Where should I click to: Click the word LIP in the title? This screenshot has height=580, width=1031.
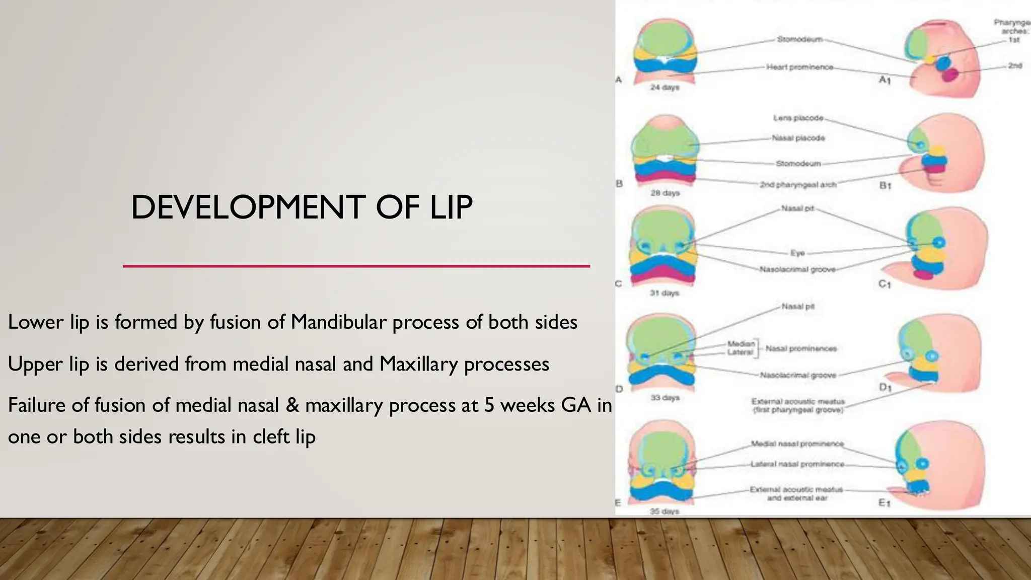tap(451, 207)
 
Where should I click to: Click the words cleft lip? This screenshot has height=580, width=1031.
tap(284, 437)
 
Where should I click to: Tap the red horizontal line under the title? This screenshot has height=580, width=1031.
tap(356, 266)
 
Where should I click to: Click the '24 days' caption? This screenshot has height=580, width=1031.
tap(665, 87)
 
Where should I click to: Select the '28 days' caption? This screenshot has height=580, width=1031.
tap(665, 193)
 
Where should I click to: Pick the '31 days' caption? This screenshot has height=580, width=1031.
tap(664, 293)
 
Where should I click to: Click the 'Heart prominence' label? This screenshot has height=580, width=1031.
tap(799, 67)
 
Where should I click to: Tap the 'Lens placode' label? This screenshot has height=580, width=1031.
tap(798, 118)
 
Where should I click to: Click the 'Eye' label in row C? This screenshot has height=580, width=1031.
tap(797, 253)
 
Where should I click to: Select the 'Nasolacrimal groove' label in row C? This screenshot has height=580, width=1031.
tap(797, 269)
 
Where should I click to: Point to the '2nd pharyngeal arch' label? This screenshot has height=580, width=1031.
tap(798, 185)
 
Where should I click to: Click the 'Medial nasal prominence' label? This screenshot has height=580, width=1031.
tap(797, 444)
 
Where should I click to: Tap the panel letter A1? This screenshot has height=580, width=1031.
tap(885, 80)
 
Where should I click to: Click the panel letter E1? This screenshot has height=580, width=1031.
tap(885, 502)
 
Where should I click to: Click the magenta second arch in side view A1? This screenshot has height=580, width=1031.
tap(950, 75)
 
